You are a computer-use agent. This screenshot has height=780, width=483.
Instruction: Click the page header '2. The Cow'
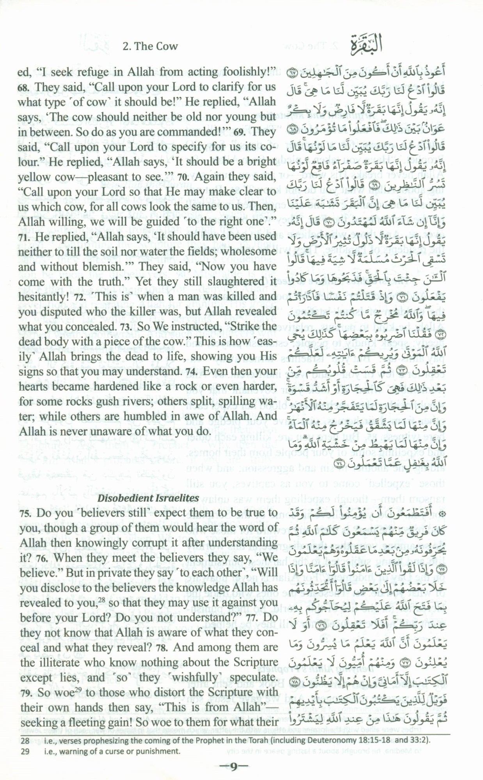[x=150, y=46]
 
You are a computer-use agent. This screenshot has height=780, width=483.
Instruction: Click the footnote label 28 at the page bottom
[x=24, y=727]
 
